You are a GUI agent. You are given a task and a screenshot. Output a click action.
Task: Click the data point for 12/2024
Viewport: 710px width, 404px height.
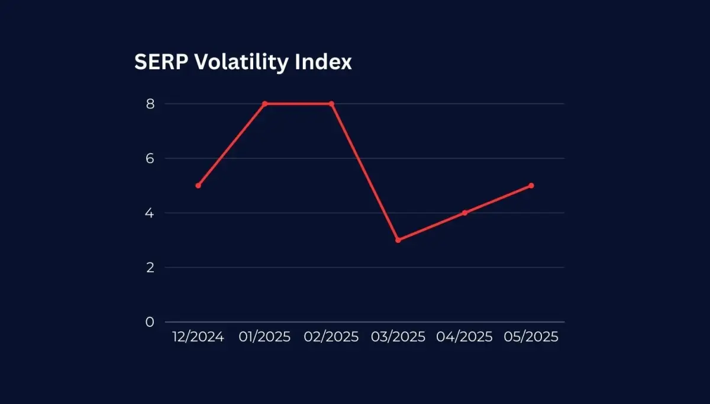198,185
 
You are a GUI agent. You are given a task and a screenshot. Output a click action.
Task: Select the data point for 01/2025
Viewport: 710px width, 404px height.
265,104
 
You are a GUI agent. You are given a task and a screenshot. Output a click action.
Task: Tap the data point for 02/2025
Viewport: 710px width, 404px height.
331,104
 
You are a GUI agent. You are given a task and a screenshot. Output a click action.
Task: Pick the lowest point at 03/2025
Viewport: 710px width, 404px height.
398,240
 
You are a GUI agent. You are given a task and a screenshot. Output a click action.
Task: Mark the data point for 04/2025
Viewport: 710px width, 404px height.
464,213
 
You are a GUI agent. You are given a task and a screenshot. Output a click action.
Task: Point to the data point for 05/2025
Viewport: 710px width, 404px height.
531,185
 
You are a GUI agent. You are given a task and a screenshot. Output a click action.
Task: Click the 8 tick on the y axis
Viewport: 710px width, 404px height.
150,104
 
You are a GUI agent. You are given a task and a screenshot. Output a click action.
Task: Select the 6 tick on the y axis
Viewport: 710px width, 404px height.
150,158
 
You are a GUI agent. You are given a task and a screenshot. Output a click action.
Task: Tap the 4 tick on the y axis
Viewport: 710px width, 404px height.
150,213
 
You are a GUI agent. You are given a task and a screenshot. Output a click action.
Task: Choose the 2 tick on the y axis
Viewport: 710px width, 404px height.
150,267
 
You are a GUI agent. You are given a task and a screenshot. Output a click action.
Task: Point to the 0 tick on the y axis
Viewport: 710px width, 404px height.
150,322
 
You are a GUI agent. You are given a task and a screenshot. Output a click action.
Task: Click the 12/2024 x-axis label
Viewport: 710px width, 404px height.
198,337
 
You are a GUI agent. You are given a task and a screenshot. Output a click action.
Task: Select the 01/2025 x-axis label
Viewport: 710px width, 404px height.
265,337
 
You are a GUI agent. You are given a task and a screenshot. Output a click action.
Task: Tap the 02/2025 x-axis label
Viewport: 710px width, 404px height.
331,337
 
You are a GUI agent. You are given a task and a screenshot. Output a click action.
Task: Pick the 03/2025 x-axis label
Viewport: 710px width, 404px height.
398,337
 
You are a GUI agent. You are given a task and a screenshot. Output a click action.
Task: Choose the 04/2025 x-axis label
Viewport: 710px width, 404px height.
464,337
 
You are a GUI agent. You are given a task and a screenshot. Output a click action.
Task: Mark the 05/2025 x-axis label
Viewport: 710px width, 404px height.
531,337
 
